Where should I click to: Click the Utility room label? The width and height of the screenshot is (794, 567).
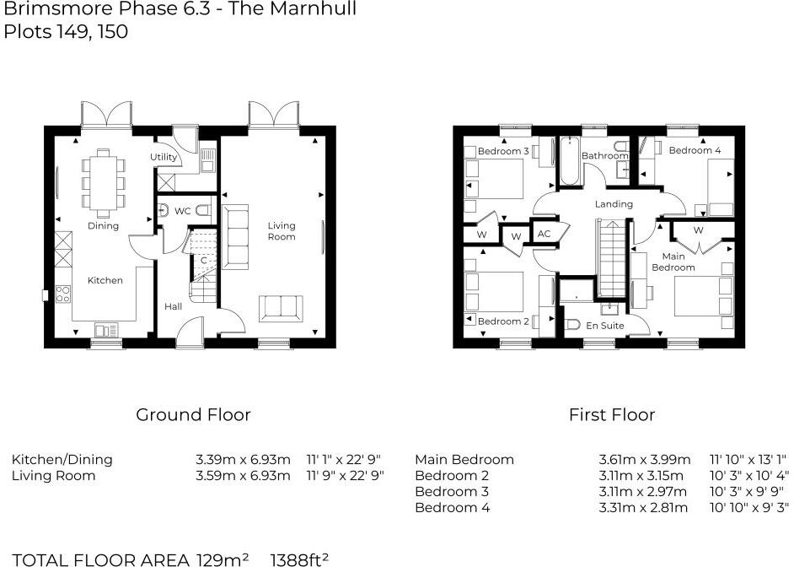pyautogui.click(x=164, y=157)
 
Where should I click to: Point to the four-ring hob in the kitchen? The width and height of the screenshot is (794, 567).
pyautogui.click(x=63, y=294)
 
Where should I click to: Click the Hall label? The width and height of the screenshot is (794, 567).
pyautogui.click(x=174, y=306)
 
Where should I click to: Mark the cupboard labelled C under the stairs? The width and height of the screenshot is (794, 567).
pyautogui.click(x=202, y=260)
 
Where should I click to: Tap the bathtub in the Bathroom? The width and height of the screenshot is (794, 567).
pyautogui.click(x=566, y=162)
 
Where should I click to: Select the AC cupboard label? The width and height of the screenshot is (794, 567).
pyautogui.click(x=544, y=234)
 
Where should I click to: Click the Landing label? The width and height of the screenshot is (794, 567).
pyautogui.click(x=613, y=204)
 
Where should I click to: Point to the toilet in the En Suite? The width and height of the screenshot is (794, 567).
pyautogui.click(x=571, y=324)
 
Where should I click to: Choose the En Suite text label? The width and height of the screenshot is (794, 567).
pyautogui.click(x=604, y=325)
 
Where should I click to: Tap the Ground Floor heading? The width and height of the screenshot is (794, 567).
pyautogui.click(x=193, y=414)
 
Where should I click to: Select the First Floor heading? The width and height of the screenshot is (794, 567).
pyautogui.click(x=611, y=414)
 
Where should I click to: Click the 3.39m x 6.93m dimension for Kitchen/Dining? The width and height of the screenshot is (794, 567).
pyautogui.click(x=243, y=460)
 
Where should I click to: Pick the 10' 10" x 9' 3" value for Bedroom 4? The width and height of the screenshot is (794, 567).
pyautogui.click(x=748, y=507)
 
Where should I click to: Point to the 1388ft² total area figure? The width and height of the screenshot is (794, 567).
pyautogui.click(x=299, y=559)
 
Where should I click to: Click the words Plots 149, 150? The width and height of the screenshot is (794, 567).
pyautogui.click(x=66, y=33)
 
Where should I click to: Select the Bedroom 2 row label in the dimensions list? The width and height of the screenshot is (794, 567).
pyautogui.click(x=452, y=476)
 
